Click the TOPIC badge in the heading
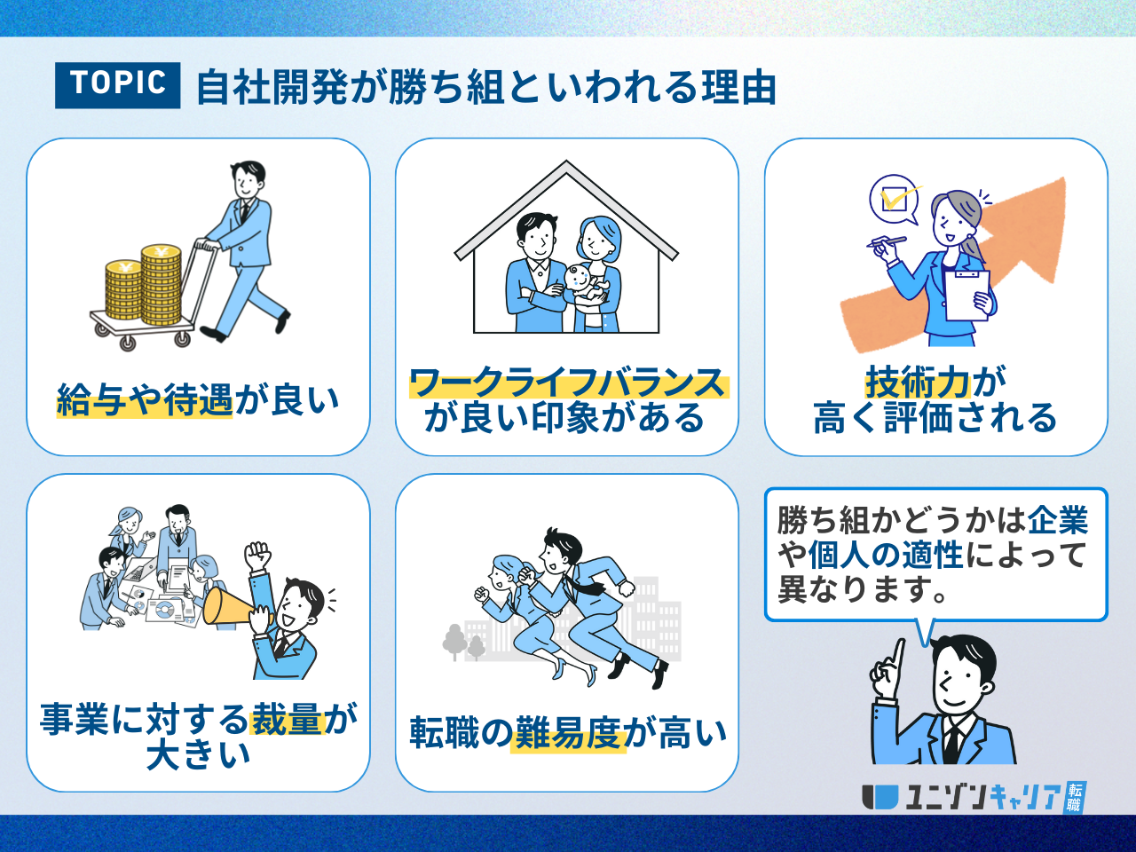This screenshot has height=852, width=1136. [x=117, y=85]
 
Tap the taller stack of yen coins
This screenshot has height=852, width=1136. [x=161, y=285]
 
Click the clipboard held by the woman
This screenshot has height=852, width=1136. [x=967, y=296]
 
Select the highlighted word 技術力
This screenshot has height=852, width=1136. [x=918, y=383]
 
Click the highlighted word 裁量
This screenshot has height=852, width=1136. [x=288, y=719]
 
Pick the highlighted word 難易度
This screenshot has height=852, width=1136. [x=568, y=733]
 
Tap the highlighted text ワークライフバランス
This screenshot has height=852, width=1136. [x=569, y=383]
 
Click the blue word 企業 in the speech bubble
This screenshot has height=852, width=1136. [x=1058, y=519]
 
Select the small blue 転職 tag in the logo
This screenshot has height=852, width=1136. [x=1076, y=797]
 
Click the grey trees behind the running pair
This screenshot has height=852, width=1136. [x=463, y=643]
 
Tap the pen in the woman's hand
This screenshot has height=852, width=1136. [x=887, y=241]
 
